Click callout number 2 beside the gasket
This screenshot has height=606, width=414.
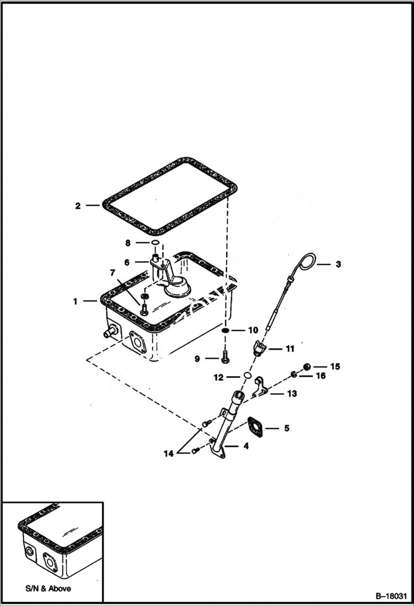pyautogui.click(x=78, y=206)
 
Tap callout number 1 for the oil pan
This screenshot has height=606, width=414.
pyautogui.click(x=75, y=302)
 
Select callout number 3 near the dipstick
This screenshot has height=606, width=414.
pyautogui.click(x=338, y=264)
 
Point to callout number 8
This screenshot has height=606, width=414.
pyautogui.click(x=128, y=243)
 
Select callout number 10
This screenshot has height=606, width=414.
pyautogui.click(x=253, y=330)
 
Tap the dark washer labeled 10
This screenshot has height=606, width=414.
pyautogui.click(x=226, y=330)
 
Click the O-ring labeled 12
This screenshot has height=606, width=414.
pyautogui.click(x=248, y=377)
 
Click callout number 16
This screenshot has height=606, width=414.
pyautogui.click(x=321, y=376)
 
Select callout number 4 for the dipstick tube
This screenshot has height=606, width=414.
pyautogui.click(x=246, y=446)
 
